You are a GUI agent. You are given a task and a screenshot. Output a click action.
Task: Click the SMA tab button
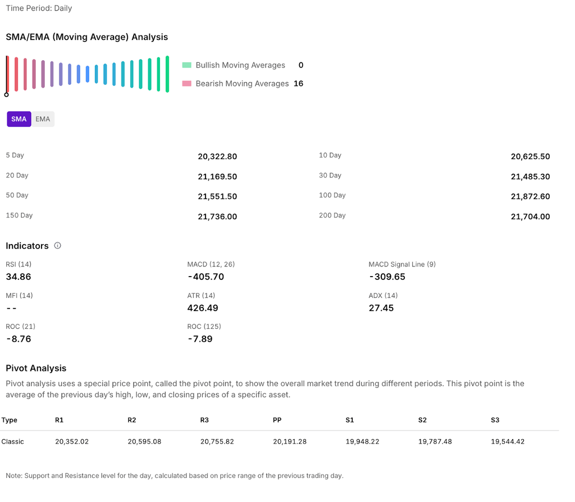tap(19, 119)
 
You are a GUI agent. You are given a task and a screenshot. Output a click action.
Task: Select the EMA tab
tap(43, 119)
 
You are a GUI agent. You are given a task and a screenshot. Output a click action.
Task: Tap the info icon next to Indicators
tap(57, 246)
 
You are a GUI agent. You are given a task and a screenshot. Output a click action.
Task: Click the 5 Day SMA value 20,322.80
tap(217, 156)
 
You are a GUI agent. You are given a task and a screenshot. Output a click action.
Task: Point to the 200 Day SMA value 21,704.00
tap(530, 216)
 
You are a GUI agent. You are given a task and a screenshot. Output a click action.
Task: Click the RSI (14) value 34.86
tap(19, 277)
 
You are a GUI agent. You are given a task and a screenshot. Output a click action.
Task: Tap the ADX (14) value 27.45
tap(381, 308)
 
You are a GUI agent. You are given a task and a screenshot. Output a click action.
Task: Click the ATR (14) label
tap(201, 296)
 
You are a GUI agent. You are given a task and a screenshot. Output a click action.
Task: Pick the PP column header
tap(277, 420)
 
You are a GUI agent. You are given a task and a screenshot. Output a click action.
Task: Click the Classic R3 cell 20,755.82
tap(217, 442)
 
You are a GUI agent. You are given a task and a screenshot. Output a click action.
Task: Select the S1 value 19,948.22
tap(362, 442)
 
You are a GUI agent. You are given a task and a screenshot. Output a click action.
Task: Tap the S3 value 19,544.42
tap(508, 442)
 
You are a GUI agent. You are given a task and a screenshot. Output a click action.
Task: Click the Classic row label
tap(12, 442)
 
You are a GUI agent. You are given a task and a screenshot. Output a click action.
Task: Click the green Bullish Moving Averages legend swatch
tap(187, 65)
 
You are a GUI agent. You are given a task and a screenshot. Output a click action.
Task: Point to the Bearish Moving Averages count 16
tap(298, 84)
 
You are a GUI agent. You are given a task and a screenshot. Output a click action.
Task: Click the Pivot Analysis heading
tap(36, 368)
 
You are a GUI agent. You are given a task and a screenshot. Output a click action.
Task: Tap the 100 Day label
tap(332, 196)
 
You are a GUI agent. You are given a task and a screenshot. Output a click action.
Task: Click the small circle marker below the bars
tap(7, 94)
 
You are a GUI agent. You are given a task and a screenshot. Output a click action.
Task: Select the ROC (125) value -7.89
tap(200, 339)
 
